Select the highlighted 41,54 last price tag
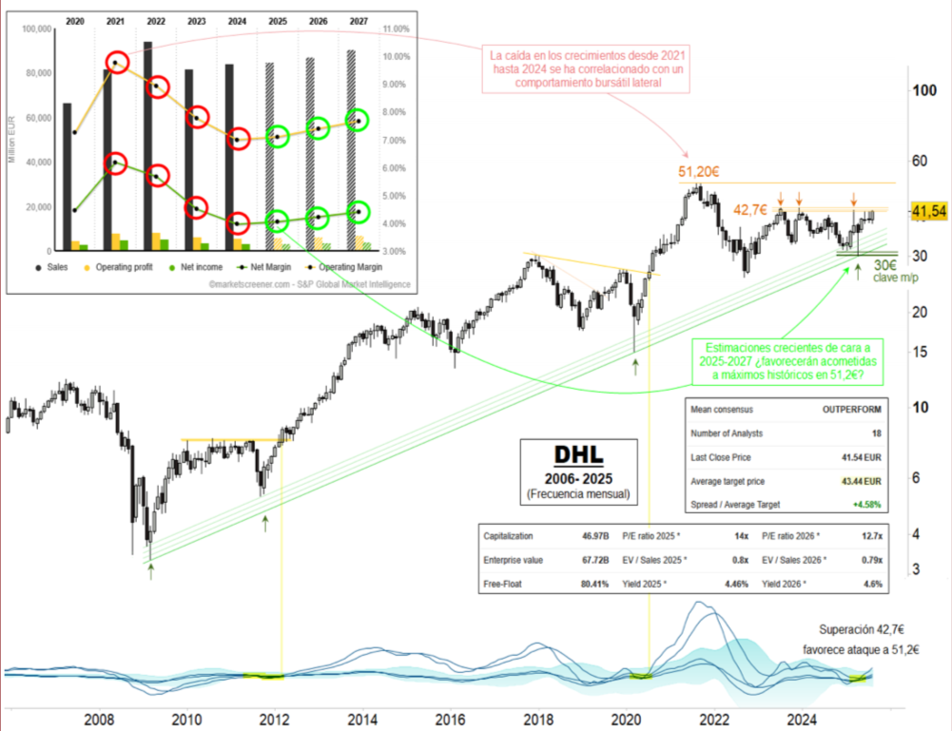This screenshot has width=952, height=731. (x=928, y=211)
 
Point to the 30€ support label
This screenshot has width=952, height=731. (x=886, y=265)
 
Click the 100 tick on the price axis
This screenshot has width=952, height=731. (x=922, y=91)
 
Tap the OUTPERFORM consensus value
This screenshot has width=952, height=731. (x=851, y=410)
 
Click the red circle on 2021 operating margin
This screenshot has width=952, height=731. (x=116, y=63)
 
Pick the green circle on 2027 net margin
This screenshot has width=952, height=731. (x=358, y=212)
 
